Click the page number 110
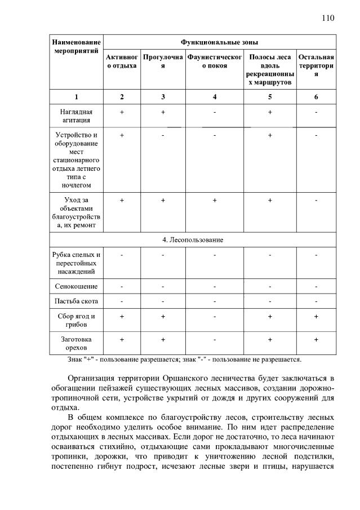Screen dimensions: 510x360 (x=328, y=17)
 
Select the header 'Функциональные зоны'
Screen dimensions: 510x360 (x=219, y=42)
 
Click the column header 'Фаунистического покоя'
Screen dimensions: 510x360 (x=215, y=61)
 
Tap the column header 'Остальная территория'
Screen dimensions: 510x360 (x=316, y=65)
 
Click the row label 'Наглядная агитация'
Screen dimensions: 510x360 (x=77, y=116)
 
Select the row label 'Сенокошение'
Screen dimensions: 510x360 (x=77, y=286)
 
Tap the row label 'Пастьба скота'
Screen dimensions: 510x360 (x=77, y=301)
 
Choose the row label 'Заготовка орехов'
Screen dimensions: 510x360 (x=77, y=343)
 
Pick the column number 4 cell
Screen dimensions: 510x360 (x=215, y=96)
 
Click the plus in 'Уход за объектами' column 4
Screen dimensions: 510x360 (x=215, y=200)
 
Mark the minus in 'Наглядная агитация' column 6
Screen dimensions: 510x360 (x=316, y=112)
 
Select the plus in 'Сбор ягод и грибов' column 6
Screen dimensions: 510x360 (x=316, y=316)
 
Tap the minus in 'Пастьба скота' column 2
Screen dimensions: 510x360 (x=122, y=301)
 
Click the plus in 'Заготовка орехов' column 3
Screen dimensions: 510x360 (x=163, y=339)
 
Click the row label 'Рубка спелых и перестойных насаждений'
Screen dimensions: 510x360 (x=77, y=263)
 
